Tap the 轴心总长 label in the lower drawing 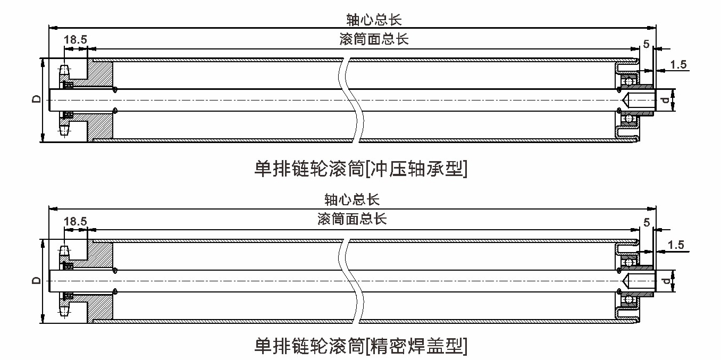tap(352, 200)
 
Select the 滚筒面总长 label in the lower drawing tap(352, 219)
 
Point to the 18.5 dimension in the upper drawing tap(76, 39)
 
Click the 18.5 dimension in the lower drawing tap(76, 221)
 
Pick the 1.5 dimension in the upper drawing tap(678, 65)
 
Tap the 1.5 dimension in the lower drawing tap(675, 245)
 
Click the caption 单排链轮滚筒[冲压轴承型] tap(361, 169)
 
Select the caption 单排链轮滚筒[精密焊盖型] tap(361, 346)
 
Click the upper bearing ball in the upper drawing tap(630, 81)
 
